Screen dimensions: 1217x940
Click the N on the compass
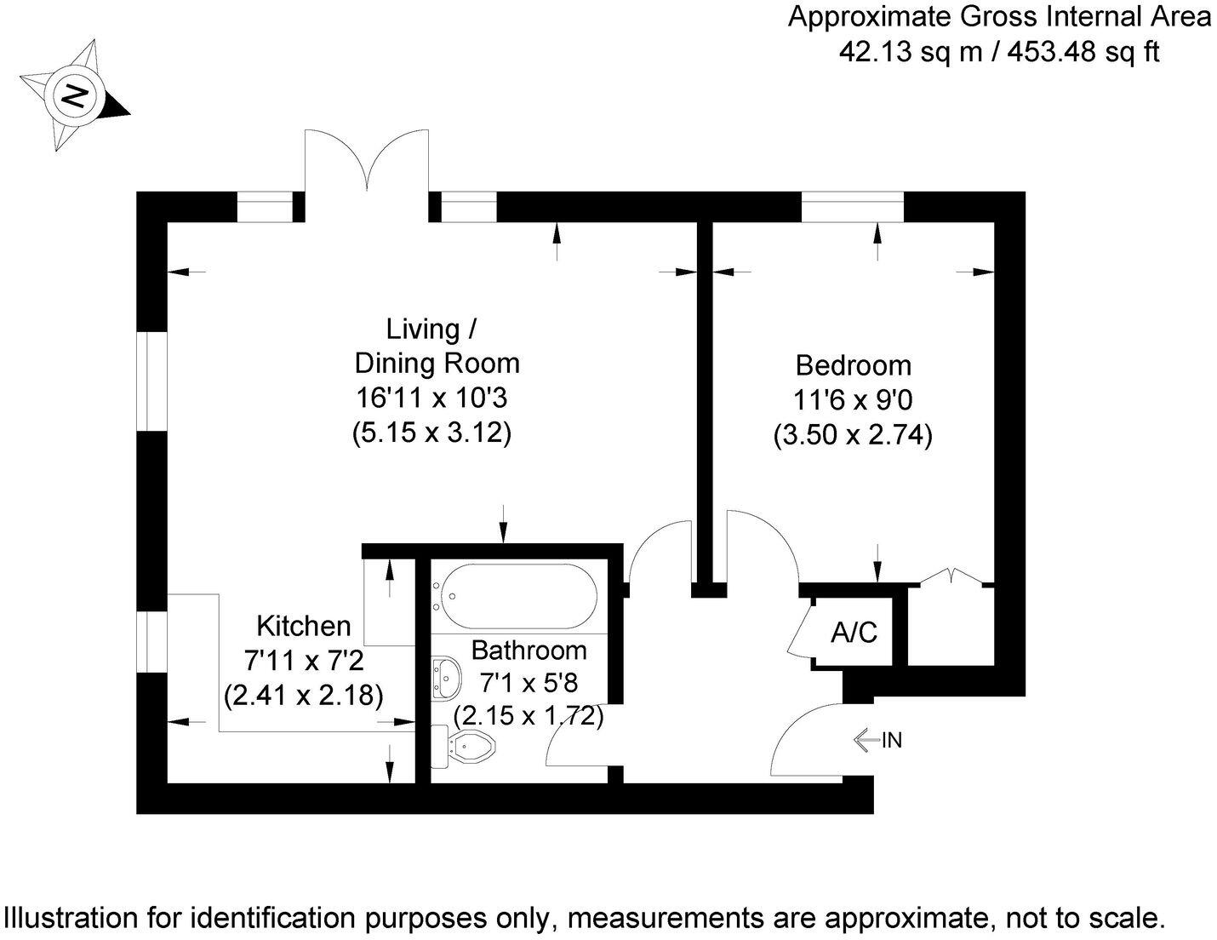[x=77, y=95]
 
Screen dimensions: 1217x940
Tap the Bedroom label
[x=853, y=365]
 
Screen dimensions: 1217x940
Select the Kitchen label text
[x=304, y=626]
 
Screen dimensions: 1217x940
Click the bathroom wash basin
[x=445, y=679]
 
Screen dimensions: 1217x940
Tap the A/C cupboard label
[x=854, y=633]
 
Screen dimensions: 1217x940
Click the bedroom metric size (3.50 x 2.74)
[x=853, y=436]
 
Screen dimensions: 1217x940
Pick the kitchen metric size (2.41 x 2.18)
[x=304, y=696]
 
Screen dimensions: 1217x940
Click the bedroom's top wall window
[x=852, y=207]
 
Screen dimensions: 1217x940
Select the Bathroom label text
[x=529, y=651]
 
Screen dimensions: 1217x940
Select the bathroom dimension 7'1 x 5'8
[x=529, y=683]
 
